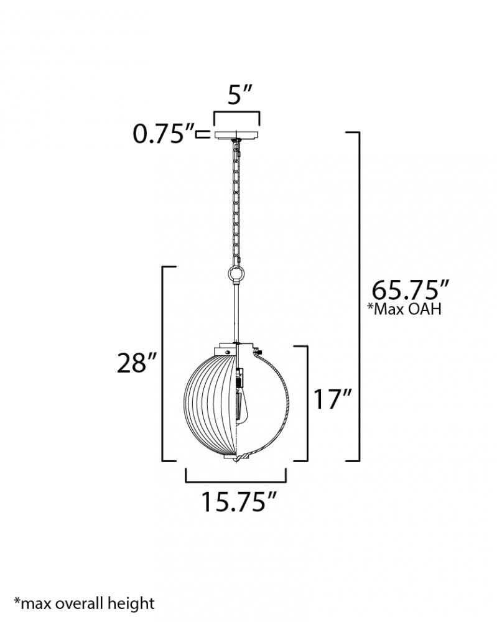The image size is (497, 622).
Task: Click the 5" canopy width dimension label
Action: point(240,95)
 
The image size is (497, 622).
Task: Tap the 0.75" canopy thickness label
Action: point(164,134)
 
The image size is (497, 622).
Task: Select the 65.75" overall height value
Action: point(410,290)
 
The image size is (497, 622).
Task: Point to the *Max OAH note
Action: point(404,309)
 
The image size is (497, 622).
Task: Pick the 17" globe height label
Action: point(332,399)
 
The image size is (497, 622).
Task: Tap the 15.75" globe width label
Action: point(238,502)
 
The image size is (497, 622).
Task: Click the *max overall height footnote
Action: point(84,604)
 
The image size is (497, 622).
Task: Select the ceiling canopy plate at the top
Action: point(237,134)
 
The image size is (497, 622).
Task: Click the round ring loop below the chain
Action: point(236,274)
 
